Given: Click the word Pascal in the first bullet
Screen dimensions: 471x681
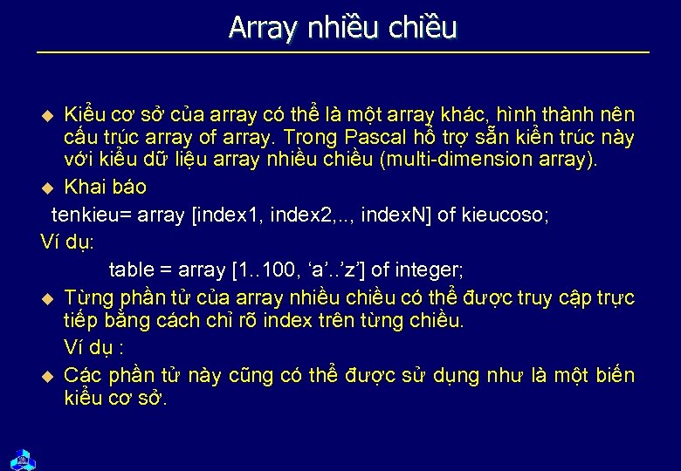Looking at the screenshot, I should click(x=375, y=137).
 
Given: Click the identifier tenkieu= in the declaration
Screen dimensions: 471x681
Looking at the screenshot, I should click(x=91, y=215).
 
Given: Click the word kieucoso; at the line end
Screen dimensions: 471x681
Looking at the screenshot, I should click(x=506, y=215).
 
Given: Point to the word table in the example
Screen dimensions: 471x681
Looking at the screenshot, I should click(x=131, y=270).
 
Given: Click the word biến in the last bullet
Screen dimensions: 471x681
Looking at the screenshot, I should click(x=615, y=375).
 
